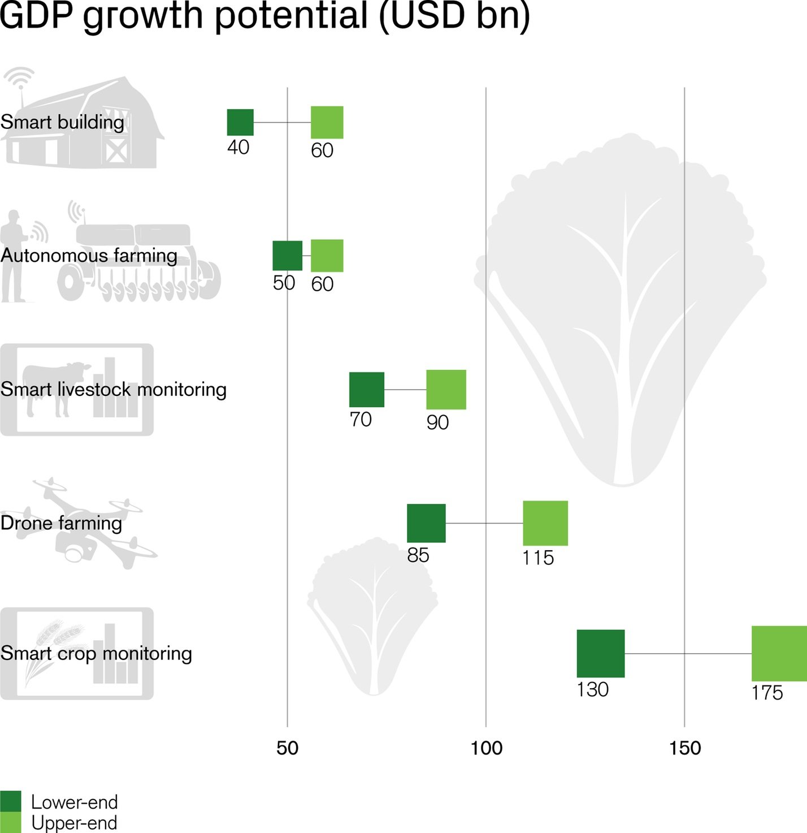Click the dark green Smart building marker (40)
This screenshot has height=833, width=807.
tap(240, 122)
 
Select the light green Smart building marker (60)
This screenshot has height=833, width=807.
tap(327, 122)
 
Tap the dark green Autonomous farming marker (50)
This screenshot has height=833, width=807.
tap(287, 256)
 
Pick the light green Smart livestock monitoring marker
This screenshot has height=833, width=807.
tap(446, 390)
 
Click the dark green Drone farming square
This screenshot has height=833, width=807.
tap(426, 523)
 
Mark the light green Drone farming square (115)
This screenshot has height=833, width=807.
tap(545, 523)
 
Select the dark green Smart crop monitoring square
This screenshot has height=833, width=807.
tap(600, 653)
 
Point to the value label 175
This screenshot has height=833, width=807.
tap(767, 693)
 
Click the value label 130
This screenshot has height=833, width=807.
tap(592, 690)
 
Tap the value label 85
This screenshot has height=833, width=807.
tap(418, 555)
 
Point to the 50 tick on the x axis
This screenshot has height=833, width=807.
tap(287, 748)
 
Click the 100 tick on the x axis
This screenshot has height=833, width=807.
tap(486, 748)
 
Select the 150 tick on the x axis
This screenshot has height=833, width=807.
tap(685, 748)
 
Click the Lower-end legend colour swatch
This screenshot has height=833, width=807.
tap(10, 801)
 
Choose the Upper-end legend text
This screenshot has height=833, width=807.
tap(74, 823)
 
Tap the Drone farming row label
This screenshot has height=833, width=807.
tap(61, 523)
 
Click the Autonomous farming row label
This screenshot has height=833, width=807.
tap(89, 256)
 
